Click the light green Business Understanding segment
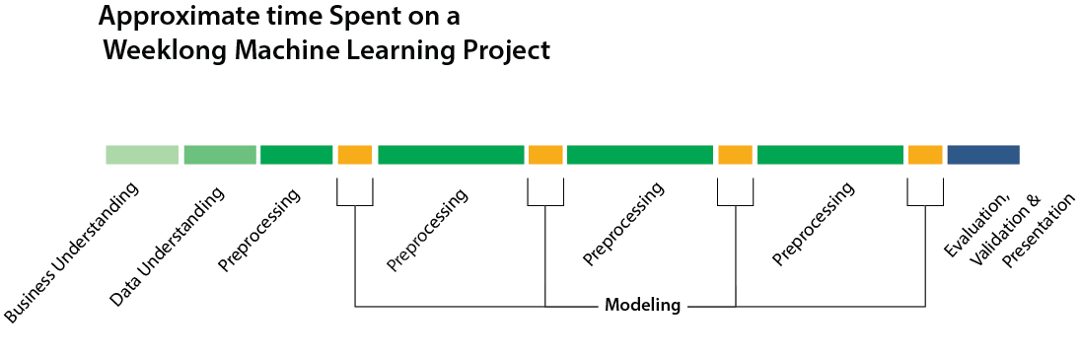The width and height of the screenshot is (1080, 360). point(142,155)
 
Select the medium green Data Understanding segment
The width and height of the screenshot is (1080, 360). point(220,155)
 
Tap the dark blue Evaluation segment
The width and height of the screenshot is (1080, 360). point(983,155)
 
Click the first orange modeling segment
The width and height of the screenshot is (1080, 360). point(355,155)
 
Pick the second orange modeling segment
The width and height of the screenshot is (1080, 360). point(545,155)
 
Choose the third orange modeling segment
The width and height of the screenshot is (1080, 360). point(735,155)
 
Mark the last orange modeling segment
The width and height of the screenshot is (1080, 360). point(925,155)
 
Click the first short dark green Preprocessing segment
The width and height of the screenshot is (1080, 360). point(296,155)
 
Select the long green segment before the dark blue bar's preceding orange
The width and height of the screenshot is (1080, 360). point(830,155)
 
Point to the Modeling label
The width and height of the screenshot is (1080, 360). point(642,305)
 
